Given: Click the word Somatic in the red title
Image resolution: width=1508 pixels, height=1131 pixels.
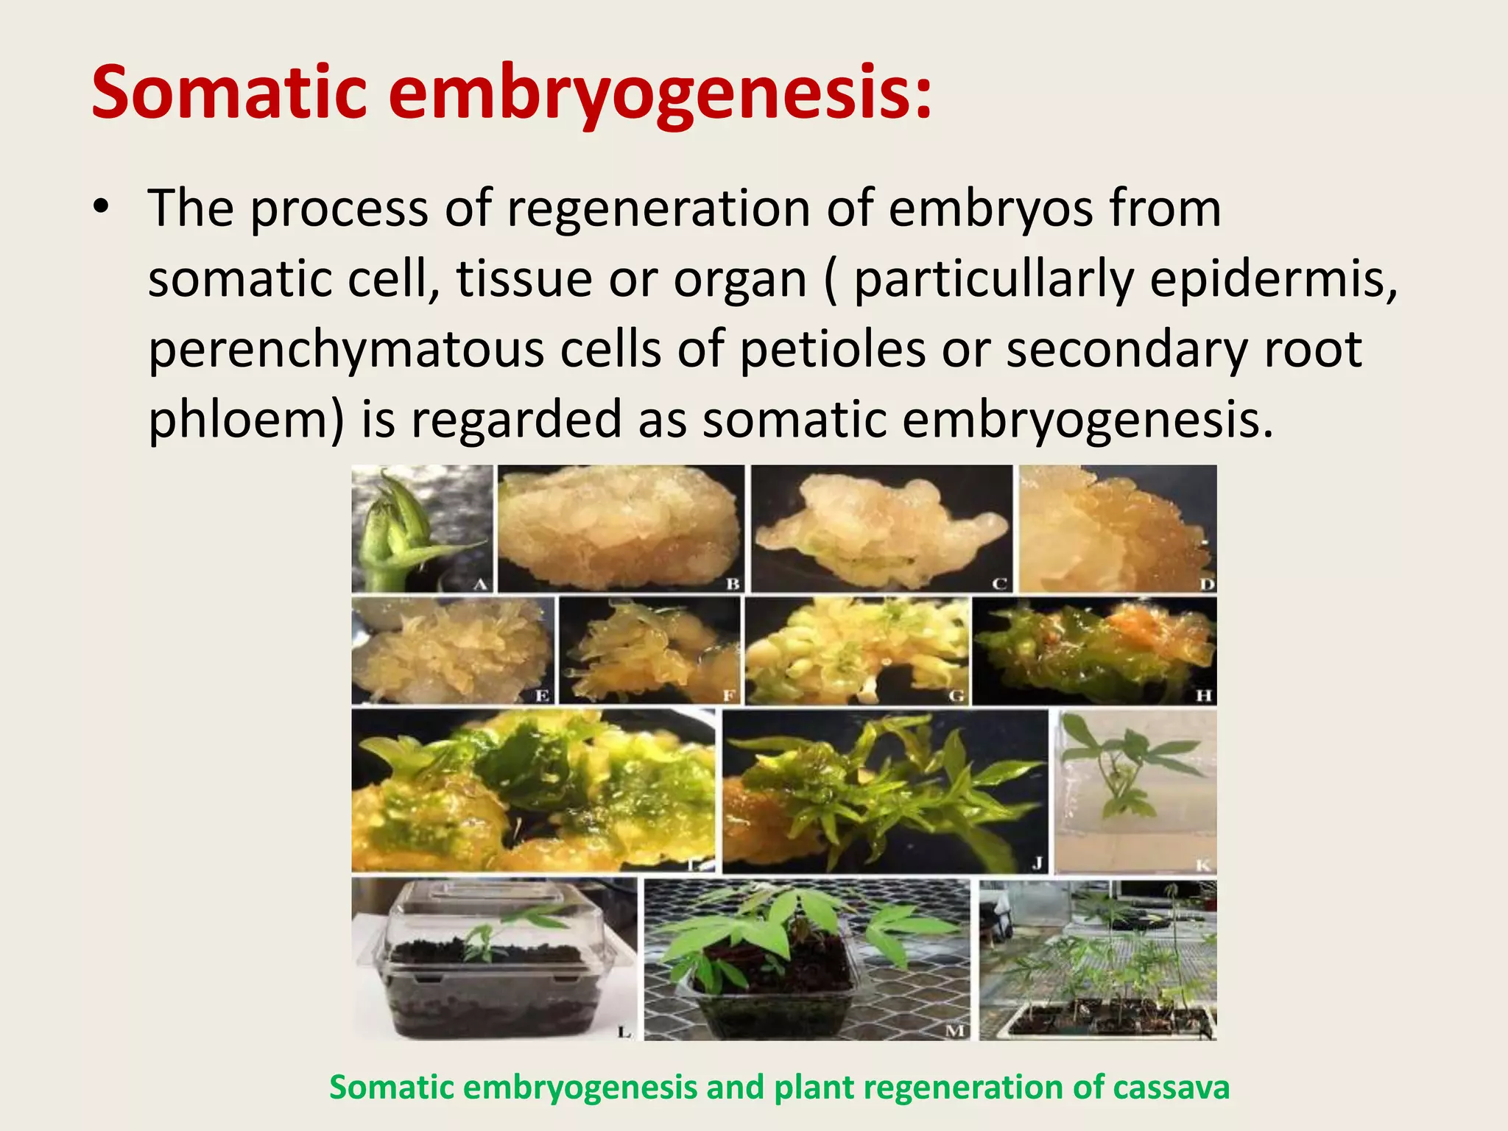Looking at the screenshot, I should coord(228,94).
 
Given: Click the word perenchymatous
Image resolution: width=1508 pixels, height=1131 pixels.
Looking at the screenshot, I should coord(346,351).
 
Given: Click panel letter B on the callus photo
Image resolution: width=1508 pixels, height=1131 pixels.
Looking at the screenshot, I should coord(733,585).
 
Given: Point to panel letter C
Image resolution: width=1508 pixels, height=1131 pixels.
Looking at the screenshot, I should coord(999,585).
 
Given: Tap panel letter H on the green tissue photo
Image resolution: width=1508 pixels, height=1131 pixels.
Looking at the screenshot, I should coord(1204,696).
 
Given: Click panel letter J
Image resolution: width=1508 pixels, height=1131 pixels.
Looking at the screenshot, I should coord(1037,863).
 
